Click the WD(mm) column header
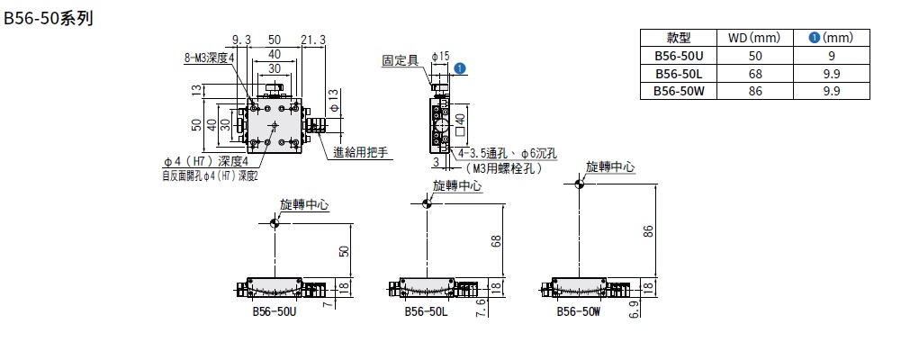pyautogui.click(x=752, y=39)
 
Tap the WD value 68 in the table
pyautogui.click(x=752, y=73)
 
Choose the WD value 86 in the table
pyautogui.click(x=752, y=90)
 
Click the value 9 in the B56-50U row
pyautogui.click(x=830, y=56)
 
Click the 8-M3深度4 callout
pyautogui.click(x=208, y=57)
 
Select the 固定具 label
pyautogui.click(x=400, y=61)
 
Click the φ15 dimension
pyautogui.click(x=440, y=56)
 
